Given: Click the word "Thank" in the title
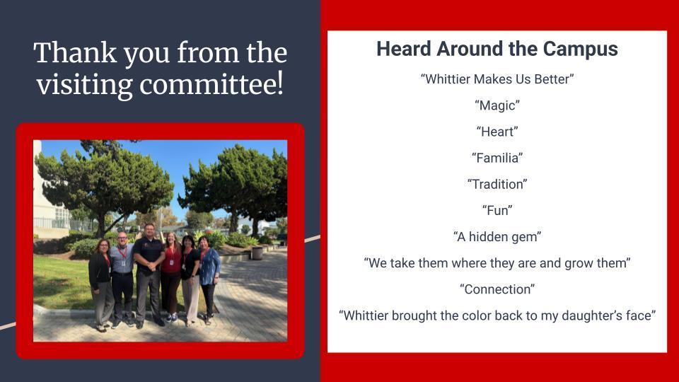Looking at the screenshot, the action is [75, 53].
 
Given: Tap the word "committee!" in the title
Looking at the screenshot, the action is [211, 84].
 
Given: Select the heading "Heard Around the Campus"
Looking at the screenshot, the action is [497, 49].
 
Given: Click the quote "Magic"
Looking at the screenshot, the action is [497, 105].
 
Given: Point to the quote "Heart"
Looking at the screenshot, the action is [497, 132].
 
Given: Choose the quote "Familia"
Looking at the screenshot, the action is [497, 158].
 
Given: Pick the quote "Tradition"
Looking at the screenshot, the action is [497, 184].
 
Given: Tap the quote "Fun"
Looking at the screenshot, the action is [497, 211].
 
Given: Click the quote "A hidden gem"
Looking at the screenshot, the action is [497, 237].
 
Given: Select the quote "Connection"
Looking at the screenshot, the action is [497, 289].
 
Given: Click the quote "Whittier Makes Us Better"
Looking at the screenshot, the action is [497, 79].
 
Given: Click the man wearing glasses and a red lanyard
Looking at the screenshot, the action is [122, 279].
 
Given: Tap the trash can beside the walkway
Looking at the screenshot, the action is [257, 253].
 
